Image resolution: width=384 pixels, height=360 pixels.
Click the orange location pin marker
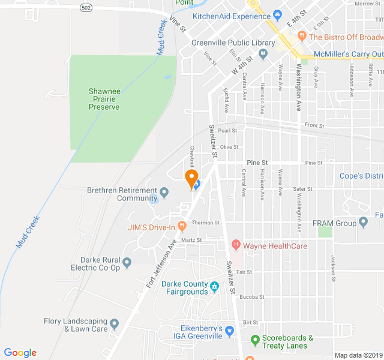(191, 178)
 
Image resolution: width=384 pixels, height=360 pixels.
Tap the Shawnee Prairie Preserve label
(104, 99)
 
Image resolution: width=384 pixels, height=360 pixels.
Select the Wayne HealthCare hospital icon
(236, 245)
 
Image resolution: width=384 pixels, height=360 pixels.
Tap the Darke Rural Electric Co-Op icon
(127, 262)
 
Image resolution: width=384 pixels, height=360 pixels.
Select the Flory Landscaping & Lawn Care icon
(115, 323)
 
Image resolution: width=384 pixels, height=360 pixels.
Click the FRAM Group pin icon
(362, 223)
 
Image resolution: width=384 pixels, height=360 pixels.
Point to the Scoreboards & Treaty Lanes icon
(255, 341)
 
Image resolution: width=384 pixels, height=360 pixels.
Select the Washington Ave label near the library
(298, 88)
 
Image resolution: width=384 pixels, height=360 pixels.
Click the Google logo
(20, 353)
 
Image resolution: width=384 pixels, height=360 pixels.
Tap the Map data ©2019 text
(358, 355)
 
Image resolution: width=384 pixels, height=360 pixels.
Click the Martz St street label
(191, 240)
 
